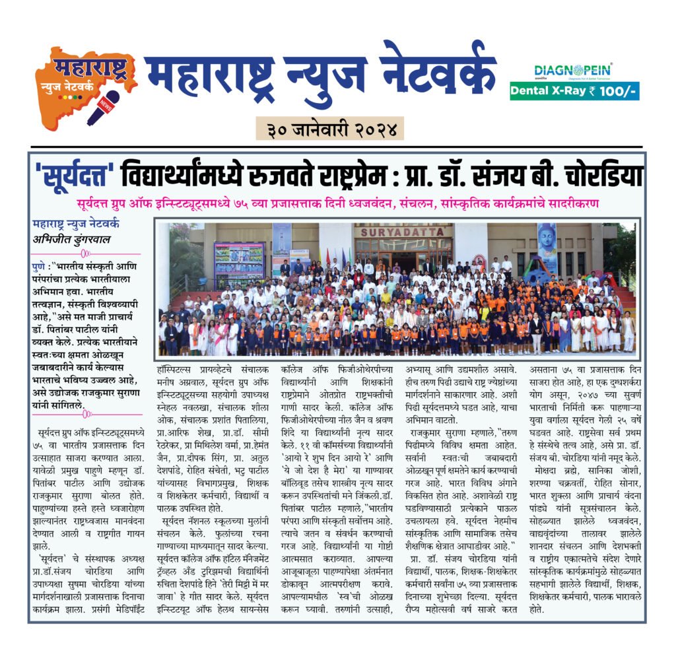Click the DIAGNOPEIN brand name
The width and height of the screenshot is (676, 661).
click(x=572, y=70)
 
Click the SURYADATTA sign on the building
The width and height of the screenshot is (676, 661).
click(x=403, y=232)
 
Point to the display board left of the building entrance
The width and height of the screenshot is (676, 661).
click(x=239, y=263)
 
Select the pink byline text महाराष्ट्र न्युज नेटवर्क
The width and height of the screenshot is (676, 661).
click(x=75, y=224)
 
